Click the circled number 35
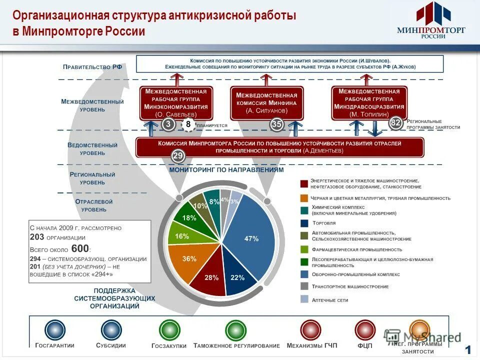[277, 124]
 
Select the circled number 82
[396, 123]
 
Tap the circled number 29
[178, 156]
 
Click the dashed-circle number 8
[188, 124]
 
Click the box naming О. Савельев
[176, 103]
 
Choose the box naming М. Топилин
[369, 103]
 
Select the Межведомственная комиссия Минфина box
[266, 103]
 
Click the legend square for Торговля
[304, 223]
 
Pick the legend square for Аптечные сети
[304, 299]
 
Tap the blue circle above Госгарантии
[55, 330]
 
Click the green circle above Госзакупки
[169, 330]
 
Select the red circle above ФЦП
[365, 330]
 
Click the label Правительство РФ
[92, 66]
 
